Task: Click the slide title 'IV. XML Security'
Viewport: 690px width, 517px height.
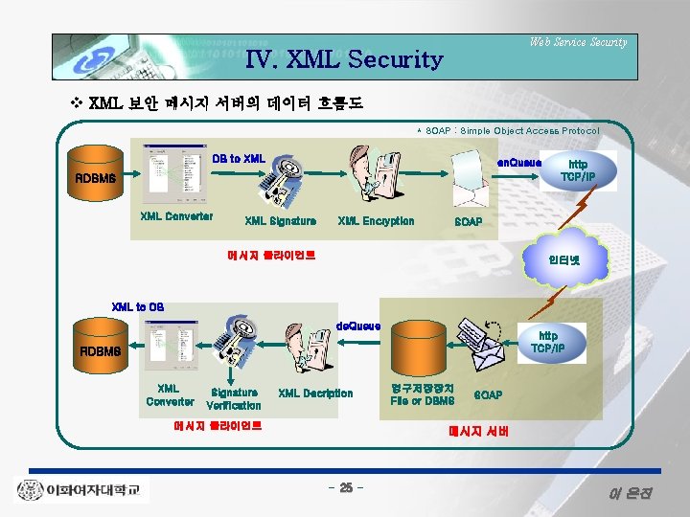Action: pos(345,60)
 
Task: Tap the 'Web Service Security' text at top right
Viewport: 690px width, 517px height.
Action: pos(578,41)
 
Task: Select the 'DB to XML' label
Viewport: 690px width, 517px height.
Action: pos(239,158)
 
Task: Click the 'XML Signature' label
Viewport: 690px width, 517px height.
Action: pos(280,221)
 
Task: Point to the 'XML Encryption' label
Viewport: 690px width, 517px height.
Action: pos(376,221)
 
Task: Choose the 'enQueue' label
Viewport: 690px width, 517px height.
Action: pos(518,162)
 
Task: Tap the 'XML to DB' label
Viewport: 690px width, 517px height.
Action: pos(138,306)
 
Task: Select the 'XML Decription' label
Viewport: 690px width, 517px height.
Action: pos(315,393)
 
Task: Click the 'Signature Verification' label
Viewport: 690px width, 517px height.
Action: pos(234,398)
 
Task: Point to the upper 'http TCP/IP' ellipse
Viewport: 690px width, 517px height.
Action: pos(579,170)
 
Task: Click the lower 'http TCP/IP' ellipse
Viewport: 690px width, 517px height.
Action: pos(547,342)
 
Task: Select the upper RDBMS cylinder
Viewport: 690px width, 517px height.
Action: pos(96,177)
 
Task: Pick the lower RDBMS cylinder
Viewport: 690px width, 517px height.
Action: pos(100,350)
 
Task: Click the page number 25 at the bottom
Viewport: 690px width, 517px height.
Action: pos(345,489)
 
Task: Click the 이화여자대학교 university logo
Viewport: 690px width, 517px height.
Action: pos(81,490)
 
